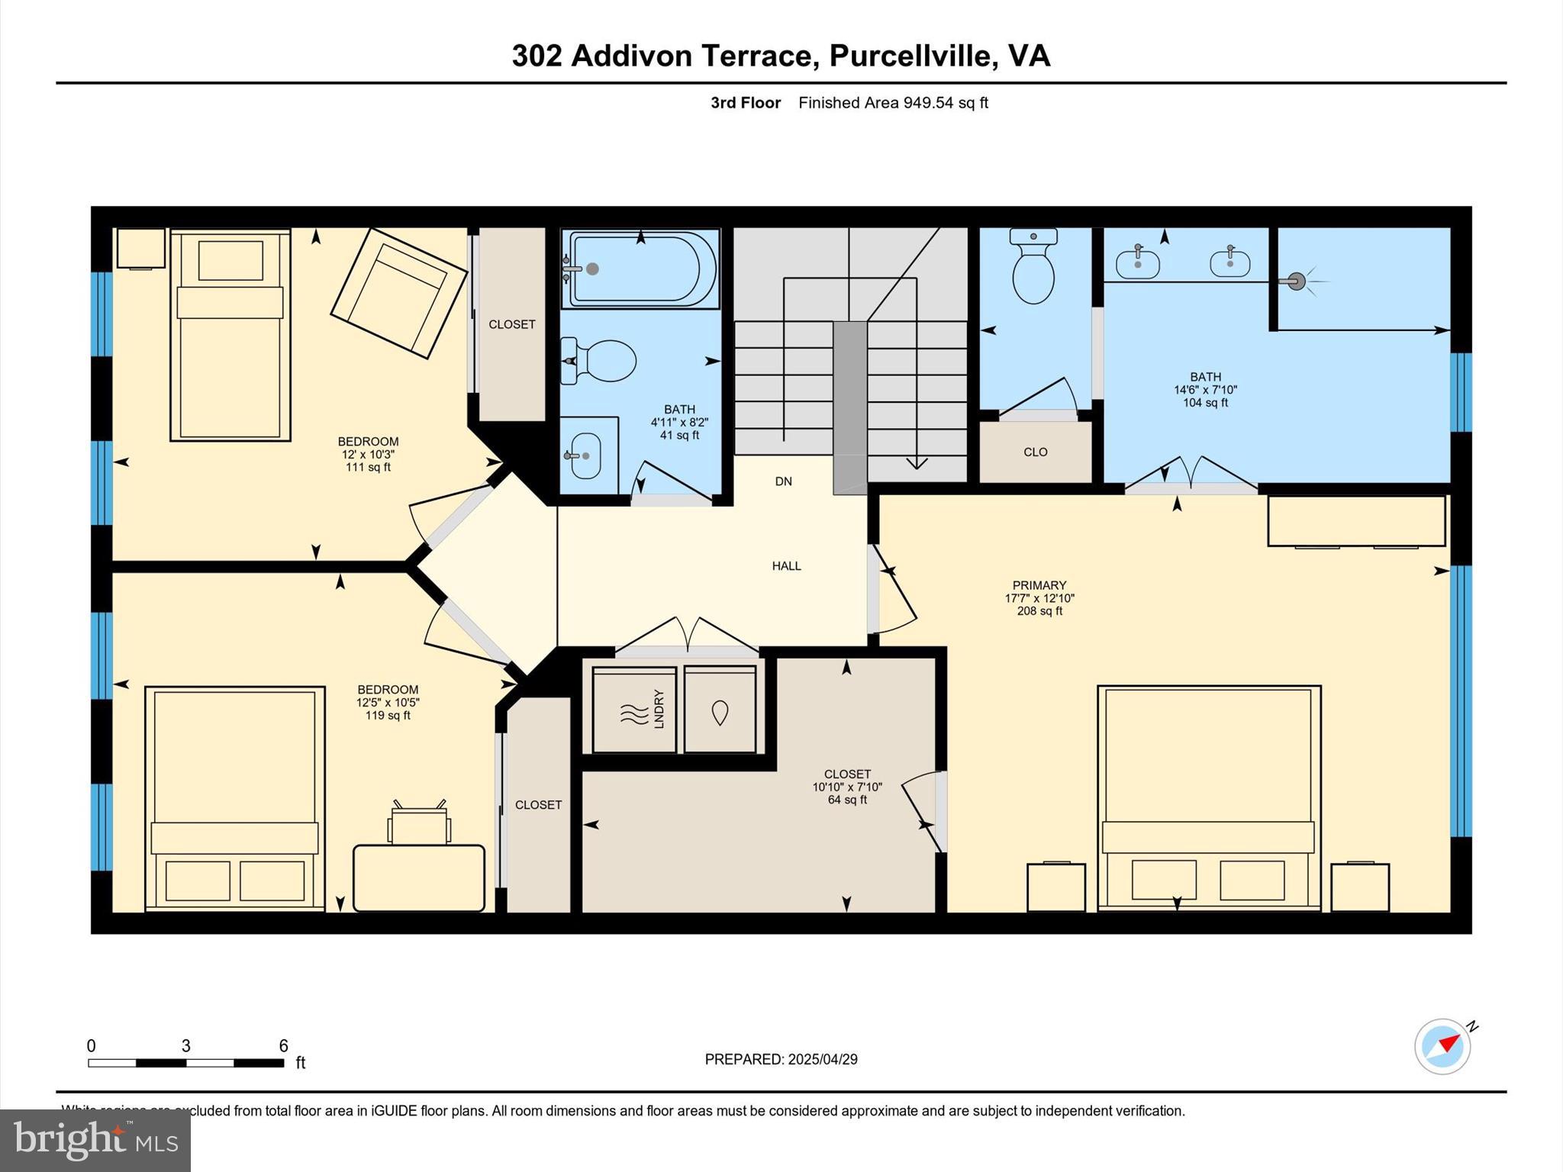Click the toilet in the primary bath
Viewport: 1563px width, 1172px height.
tap(1033, 269)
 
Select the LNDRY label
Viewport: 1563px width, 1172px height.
tap(659, 709)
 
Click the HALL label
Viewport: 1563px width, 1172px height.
tap(786, 566)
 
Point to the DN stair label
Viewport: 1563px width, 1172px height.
tap(783, 481)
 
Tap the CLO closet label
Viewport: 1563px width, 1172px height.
tap(1035, 452)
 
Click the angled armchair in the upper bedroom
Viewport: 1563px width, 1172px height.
tap(398, 293)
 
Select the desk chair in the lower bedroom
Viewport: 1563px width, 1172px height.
tap(418, 824)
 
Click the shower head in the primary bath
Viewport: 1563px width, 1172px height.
tap(1297, 282)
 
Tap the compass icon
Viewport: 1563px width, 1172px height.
tap(1442, 1046)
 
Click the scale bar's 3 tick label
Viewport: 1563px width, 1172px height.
tap(185, 1046)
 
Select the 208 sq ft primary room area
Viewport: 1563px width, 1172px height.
tap(1039, 611)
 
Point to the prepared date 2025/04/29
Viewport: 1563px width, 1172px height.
tap(822, 1059)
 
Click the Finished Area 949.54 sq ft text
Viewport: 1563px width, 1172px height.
tap(893, 103)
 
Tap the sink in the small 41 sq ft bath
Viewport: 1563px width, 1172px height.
tap(585, 456)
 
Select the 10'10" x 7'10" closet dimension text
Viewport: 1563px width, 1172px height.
tap(847, 787)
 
